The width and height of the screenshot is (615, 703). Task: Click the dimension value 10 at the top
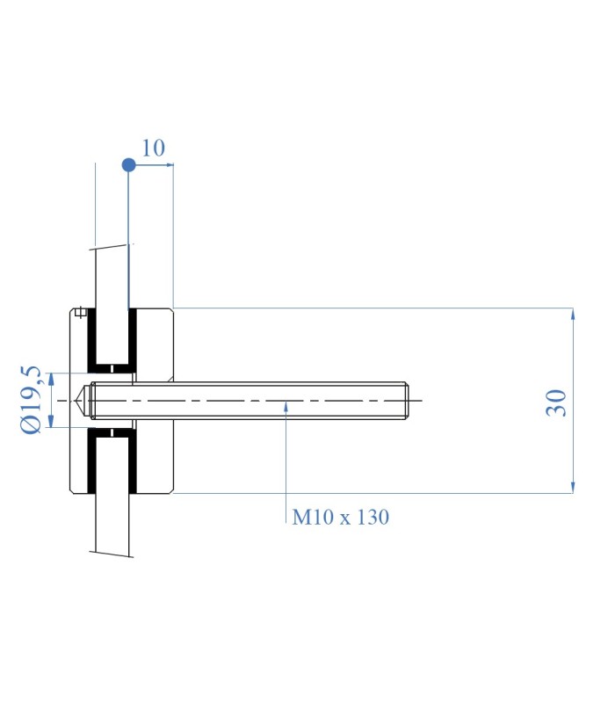pos(153,148)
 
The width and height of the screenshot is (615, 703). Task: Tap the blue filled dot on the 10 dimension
pos(128,165)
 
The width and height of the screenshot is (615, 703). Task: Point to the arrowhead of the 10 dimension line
pos(170,165)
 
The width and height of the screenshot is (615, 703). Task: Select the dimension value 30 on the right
pos(556,402)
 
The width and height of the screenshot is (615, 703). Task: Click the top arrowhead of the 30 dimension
pos(573,313)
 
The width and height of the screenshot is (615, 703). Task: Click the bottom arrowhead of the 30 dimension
pos(573,488)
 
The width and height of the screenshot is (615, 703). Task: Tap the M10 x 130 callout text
pos(341,517)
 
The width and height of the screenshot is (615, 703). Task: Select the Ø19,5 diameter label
pos(32,400)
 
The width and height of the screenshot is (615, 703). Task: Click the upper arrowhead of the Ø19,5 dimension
pos(51,379)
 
